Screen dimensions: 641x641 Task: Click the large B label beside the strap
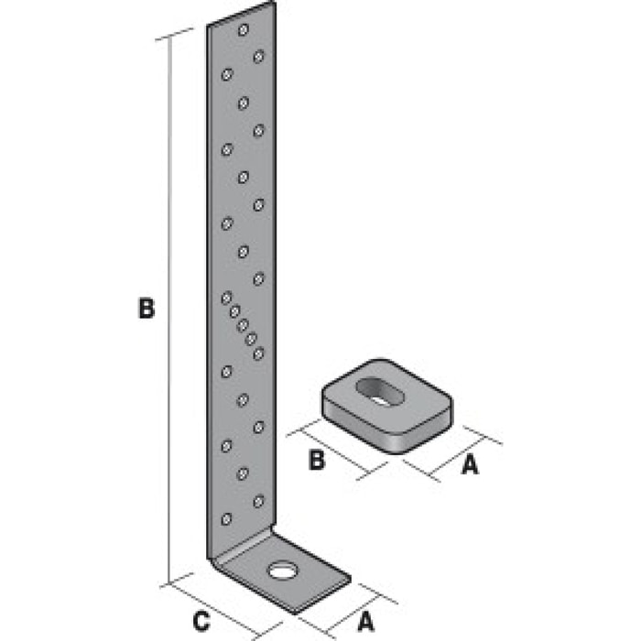coord(146,309)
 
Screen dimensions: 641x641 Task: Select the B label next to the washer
coord(317,461)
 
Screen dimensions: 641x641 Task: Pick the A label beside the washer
coord(469,465)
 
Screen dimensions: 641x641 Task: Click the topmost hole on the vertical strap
coord(243,30)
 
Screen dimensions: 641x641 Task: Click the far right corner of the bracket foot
coord(349,578)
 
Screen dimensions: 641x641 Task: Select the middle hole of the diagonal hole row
coord(243,325)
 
